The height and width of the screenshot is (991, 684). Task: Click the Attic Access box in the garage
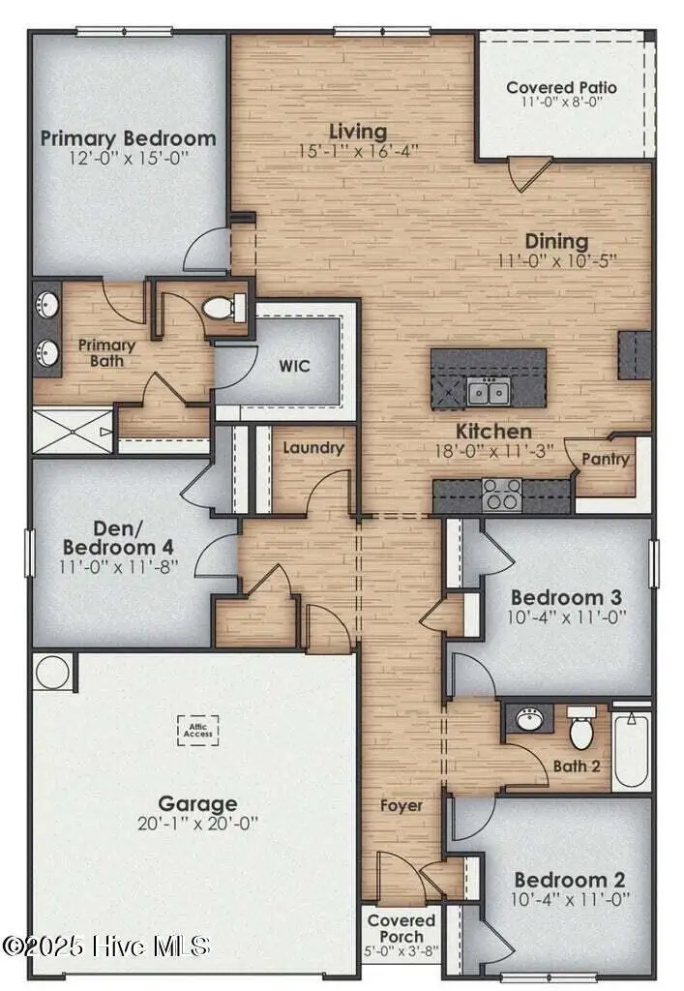(x=198, y=731)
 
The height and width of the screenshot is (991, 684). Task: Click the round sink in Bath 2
(x=529, y=720)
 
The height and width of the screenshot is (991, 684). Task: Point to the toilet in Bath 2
(x=581, y=731)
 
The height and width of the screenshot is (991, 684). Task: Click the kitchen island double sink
(x=488, y=392)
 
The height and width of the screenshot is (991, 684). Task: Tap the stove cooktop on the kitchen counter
(x=502, y=494)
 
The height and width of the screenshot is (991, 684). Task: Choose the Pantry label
(x=606, y=459)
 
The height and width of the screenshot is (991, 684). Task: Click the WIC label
(x=295, y=367)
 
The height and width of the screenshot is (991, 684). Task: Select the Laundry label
(x=312, y=447)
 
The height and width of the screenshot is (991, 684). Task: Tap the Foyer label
(x=401, y=805)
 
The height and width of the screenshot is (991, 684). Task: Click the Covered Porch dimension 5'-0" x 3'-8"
(x=401, y=951)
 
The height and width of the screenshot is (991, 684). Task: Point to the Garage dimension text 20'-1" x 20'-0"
(x=198, y=824)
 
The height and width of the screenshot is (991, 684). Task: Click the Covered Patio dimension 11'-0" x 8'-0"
(x=561, y=102)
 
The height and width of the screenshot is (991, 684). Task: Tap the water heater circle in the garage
(x=53, y=672)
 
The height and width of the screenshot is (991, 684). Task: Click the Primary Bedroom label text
(x=128, y=137)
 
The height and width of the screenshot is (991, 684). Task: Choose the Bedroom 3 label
(x=566, y=596)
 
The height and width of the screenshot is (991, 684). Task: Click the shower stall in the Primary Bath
(x=74, y=431)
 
